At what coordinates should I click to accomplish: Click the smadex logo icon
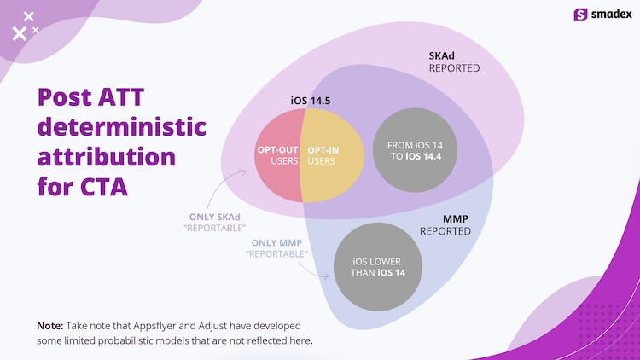[x=580, y=15]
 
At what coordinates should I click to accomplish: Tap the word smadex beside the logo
[x=612, y=15]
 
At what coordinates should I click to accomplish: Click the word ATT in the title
[x=121, y=96]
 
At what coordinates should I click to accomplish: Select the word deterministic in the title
[x=122, y=126]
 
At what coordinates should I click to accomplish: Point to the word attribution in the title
[x=107, y=157]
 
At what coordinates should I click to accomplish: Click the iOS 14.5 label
[x=311, y=101]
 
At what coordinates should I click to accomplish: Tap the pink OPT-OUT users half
[x=278, y=155]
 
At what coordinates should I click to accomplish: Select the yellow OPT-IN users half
[x=331, y=155]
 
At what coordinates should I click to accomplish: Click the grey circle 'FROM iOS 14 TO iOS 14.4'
[x=415, y=150]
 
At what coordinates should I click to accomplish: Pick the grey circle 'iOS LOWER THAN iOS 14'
[x=378, y=266]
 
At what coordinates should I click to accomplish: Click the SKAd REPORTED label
[x=454, y=61]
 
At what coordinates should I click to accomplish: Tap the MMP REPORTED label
[x=445, y=225]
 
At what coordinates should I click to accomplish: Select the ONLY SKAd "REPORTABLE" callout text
[x=215, y=223]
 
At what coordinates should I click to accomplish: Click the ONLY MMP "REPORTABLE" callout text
[x=276, y=248]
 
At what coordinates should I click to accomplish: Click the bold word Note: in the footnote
[x=50, y=326]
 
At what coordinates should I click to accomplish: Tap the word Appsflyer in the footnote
[x=154, y=326]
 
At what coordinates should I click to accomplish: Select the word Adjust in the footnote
[x=212, y=326]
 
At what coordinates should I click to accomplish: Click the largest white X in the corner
[x=19, y=33]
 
